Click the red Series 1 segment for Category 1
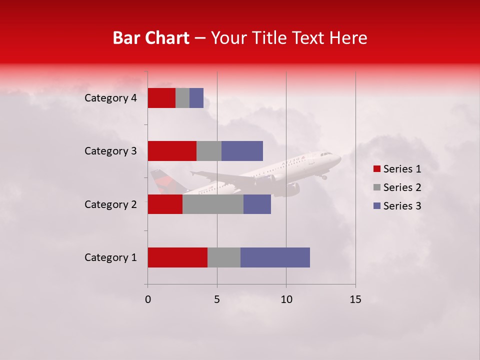coord(177,257)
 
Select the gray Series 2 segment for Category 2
coord(213,204)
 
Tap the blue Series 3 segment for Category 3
coord(242,151)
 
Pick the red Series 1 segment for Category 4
coord(161,98)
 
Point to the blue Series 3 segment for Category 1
coord(275,257)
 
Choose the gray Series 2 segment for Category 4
coord(182,98)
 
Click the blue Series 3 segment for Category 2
coord(257,204)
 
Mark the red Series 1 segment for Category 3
coord(172,151)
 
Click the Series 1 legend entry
coord(397,169)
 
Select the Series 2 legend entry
coord(397,187)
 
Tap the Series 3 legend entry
coord(397,206)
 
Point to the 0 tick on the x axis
coord(147,299)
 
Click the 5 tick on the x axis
coord(217,299)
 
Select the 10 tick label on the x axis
coord(286,299)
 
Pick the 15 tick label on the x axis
coord(355,299)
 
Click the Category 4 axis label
coord(110,98)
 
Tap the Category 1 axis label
coord(110,257)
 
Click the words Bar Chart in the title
coord(151,38)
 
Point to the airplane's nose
coord(339,157)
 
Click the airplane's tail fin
coord(160,179)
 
